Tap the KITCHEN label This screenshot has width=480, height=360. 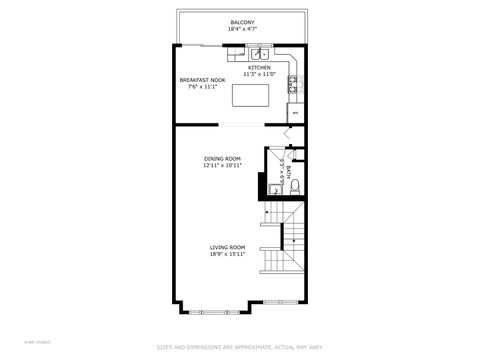pyautogui.click(x=259, y=68)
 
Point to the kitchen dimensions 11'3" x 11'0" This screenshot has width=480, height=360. pyautogui.click(x=259, y=75)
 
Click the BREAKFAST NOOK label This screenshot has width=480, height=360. pyautogui.click(x=202, y=80)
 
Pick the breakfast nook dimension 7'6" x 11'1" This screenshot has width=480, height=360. pyautogui.click(x=202, y=87)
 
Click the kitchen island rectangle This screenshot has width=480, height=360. pyautogui.click(x=251, y=95)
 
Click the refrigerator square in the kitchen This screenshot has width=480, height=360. pyautogui.click(x=294, y=113)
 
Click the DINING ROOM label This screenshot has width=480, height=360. pyautogui.click(x=222, y=158)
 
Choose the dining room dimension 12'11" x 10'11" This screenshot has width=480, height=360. pyautogui.click(x=222, y=165)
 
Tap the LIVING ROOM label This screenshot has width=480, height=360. pyautogui.click(x=227, y=247)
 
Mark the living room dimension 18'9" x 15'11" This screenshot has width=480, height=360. pyautogui.click(x=227, y=254)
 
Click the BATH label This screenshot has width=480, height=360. pyautogui.click(x=288, y=172)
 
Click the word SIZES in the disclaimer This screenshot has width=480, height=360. pyautogui.click(x=165, y=347)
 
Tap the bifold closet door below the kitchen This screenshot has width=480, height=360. pyautogui.click(x=290, y=133)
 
